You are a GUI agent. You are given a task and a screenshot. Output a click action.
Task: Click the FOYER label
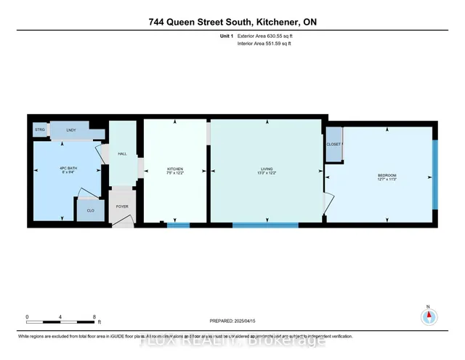point(122,206)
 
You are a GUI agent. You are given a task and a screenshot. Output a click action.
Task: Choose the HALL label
point(122,153)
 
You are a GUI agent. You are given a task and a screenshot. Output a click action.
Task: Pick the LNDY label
point(71,130)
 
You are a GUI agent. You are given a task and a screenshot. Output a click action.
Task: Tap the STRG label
point(39,130)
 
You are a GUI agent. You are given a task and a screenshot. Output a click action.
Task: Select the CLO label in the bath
point(90,210)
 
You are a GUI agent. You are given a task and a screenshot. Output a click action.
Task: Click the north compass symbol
point(429,316)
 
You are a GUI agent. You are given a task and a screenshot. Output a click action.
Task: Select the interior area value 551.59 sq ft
point(276,44)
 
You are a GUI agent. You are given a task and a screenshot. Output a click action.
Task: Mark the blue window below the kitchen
point(178,225)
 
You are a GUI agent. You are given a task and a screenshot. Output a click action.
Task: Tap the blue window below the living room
point(265,225)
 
